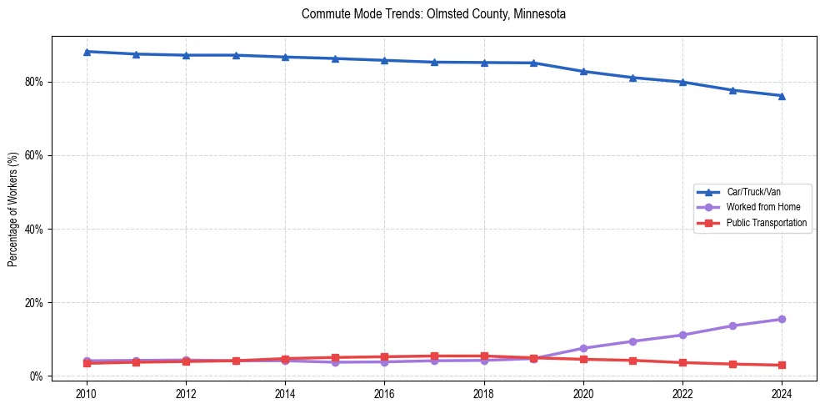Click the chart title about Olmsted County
[x=433, y=14]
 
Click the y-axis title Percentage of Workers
[x=12, y=209]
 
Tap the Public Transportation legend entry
[x=766, y=223]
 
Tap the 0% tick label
[x=37, y=376]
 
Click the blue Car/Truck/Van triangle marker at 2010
[x=87, y=52]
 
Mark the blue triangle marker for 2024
[x=782, y=96]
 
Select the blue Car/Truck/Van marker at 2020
[x=583, y=72]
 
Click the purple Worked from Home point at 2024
[x=782, y=319]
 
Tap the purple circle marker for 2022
[x=682, y=335]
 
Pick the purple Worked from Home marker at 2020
[x=583, y=348]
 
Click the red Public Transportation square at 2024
[x=782, y=365]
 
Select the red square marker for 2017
[x=434, y=356]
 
